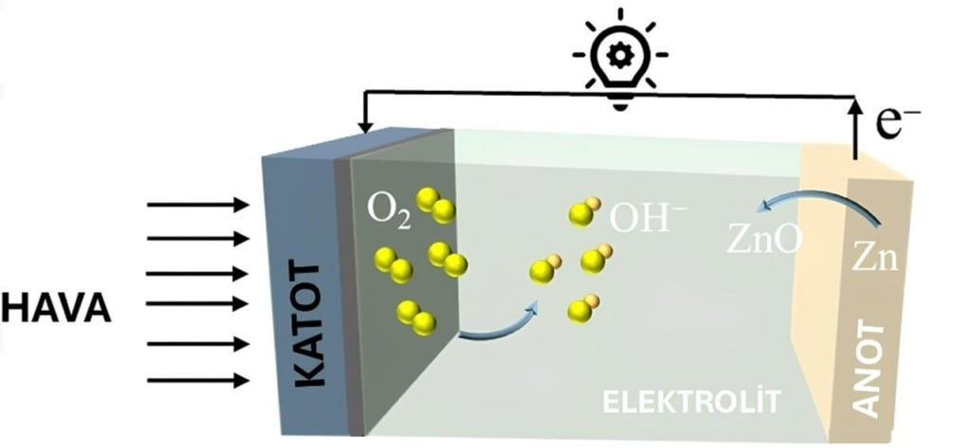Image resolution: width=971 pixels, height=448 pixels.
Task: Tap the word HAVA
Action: [57, 309]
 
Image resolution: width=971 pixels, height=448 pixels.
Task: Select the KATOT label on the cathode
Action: [308, 328]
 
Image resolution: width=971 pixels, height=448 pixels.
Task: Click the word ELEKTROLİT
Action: [691, 402]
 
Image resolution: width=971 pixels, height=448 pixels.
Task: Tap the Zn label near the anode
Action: [873, 258]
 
